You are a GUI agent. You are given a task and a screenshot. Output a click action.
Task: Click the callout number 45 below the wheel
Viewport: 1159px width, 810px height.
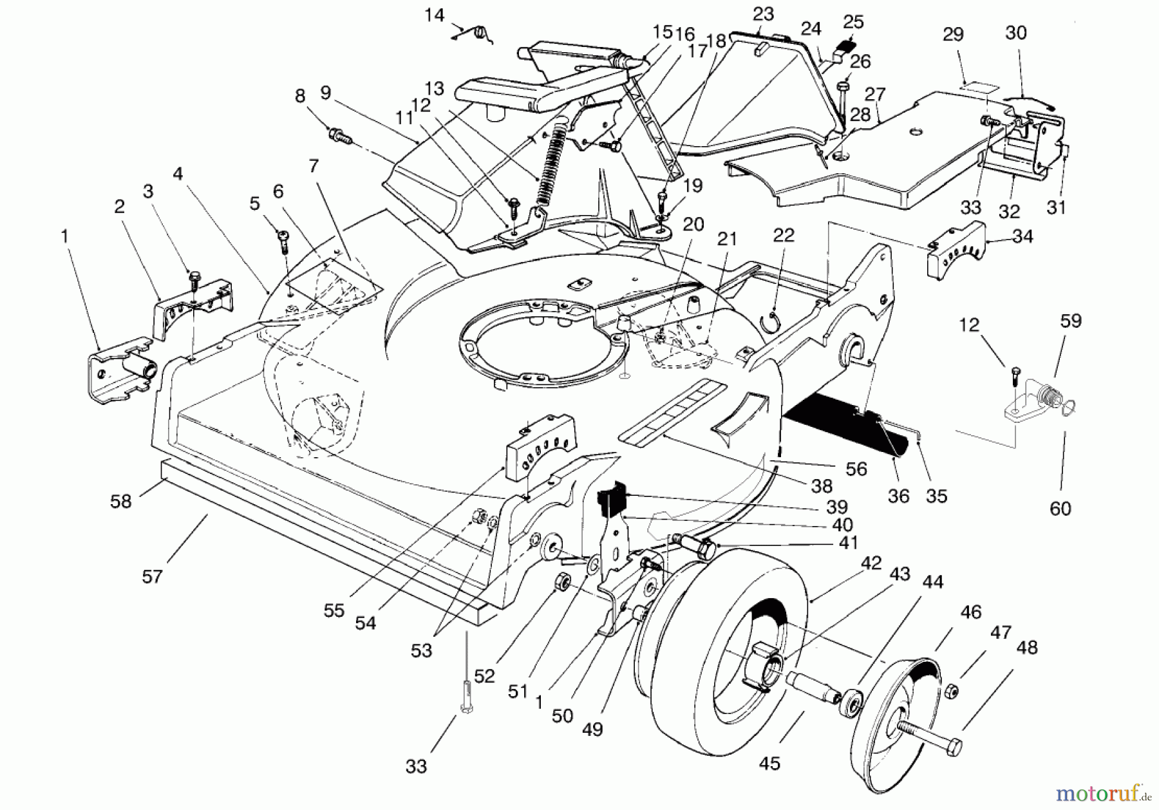tap(769, 763)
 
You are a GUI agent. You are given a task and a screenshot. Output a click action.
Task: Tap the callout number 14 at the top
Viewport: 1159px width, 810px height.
tap(435, 15)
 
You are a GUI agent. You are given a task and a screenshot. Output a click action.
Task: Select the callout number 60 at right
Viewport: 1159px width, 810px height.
tap(1060, 509)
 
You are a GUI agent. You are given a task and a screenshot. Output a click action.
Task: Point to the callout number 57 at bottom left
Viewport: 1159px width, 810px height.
tap(152, 576)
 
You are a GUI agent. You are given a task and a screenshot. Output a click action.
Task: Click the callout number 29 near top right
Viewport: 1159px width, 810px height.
tap(953, 34)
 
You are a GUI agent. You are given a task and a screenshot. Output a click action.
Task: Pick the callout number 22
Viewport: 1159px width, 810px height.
tap(784, 234)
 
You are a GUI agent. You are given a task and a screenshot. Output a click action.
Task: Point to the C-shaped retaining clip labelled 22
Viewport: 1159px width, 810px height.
tap(773, 320)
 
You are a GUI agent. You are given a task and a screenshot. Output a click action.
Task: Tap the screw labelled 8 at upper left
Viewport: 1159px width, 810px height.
tap(338, 135)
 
